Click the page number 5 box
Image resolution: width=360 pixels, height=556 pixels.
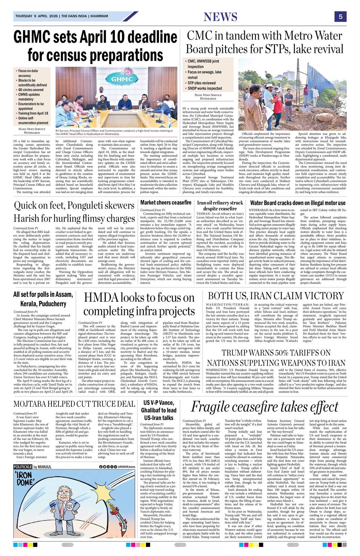pyautogui.click(x=340, y=16)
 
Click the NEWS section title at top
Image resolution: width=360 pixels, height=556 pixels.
pyautogui.click(x=220, y=17)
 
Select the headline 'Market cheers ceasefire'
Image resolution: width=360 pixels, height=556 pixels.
pyautogui.click(x=166, y=203)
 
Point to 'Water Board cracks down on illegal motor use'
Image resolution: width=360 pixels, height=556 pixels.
pyautogui.click(x=298, y=203)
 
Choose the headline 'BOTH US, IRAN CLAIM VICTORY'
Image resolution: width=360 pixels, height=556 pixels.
pyautogui.click(x=276, y=296)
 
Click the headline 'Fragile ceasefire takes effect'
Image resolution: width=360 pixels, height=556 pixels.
pyautogui.click(x=264, y=407)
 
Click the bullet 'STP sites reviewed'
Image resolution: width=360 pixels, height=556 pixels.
pyautogui.click(x=201, y=83)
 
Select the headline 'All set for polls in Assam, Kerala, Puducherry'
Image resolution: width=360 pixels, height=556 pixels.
pyautogui.click(x=40, y=299)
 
